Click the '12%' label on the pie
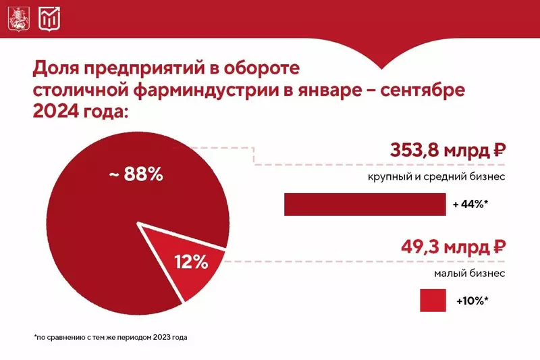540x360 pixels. click(x=191, y=262)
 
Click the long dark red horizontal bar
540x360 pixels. click(x=365, y=205)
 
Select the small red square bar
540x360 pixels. click(x=434, y=300)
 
